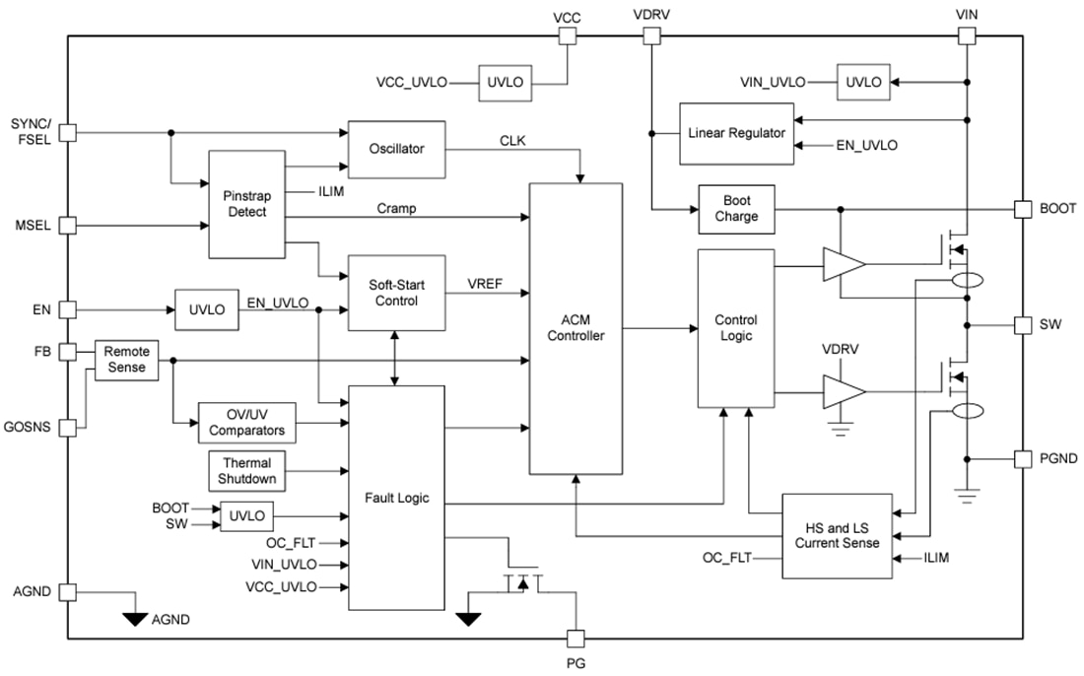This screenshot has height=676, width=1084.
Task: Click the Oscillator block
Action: click(396, 149)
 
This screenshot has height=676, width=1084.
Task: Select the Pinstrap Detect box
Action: click(246, 204)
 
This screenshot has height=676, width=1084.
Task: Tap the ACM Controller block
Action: click(576, 328)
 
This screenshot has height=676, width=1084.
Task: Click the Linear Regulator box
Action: click(736, 133)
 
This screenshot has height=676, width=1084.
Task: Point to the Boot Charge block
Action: click(736, 209)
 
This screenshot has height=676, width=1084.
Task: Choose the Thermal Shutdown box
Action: click(246, 471)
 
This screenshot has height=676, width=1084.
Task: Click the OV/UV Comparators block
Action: click(246, 423)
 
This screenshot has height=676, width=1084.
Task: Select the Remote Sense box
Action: click(126, 360)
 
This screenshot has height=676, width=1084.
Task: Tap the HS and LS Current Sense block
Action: click(837, 535)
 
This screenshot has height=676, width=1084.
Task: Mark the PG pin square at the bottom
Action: click(577, 638)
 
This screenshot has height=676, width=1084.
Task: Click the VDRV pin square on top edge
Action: click(651, 36)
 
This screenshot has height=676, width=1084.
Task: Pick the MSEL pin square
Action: click(67, 226)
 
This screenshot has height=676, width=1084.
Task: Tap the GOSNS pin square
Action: click(67, 428)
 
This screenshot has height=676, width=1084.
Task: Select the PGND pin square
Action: click(1023, 459)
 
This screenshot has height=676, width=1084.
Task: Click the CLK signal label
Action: click(512, 141)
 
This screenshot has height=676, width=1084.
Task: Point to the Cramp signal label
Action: click(395, 209)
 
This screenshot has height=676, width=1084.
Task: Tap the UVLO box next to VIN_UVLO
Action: click(863, 82)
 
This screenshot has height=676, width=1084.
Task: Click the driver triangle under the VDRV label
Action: click(844, 391)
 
